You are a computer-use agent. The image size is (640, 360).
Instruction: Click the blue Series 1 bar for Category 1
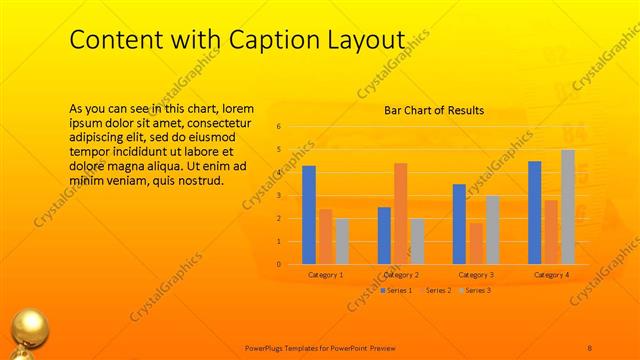309,215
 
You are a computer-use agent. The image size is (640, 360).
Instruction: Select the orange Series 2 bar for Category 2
400,213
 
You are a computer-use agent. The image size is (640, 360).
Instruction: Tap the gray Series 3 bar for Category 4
567,207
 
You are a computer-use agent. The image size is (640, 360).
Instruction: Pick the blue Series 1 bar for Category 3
459,224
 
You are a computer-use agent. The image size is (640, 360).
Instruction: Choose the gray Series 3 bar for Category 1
342,241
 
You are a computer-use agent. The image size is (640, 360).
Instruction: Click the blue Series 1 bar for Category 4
535,212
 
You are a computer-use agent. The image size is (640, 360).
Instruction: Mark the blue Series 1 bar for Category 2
384,235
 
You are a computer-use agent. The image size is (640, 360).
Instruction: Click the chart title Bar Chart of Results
434,110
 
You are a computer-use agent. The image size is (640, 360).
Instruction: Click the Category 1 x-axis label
326,274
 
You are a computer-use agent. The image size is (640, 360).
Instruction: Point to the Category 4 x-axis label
551,274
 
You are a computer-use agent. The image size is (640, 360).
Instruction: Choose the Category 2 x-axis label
401,274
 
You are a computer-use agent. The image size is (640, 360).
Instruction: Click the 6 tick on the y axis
279,127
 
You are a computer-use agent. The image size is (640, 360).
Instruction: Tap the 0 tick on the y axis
279,264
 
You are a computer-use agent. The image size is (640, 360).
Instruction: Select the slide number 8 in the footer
590,347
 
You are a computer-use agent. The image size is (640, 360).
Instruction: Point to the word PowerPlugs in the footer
270,347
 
